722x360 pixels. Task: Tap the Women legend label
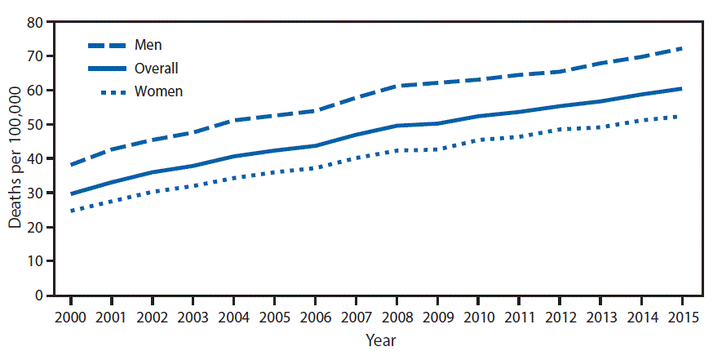161,91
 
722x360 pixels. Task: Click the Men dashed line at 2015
680,49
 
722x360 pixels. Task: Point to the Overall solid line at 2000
72,194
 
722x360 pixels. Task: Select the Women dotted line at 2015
680,117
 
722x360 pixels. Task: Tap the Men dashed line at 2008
396,86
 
